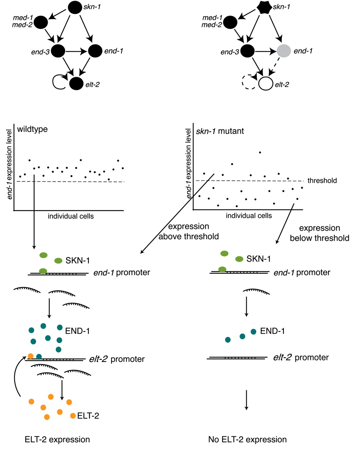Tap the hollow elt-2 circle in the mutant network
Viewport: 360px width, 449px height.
(265, 84)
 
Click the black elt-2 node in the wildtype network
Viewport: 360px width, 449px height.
(76, 83)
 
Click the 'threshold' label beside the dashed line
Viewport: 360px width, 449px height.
(322, 181)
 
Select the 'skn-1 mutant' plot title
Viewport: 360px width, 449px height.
(220, 132)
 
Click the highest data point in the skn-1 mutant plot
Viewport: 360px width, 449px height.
(260, 152)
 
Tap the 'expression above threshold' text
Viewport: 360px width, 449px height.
(189, 232)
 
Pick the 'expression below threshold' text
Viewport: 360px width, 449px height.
(319, 233)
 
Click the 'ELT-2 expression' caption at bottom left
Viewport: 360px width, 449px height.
(57, 440)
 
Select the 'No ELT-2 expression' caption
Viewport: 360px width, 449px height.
(247, 440)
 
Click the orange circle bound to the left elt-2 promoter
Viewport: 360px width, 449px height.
(31, 356)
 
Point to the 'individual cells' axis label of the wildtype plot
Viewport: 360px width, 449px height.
(71, 216)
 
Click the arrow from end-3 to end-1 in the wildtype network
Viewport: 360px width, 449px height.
(76, 52)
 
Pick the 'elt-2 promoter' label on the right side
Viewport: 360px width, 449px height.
(301, 358)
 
